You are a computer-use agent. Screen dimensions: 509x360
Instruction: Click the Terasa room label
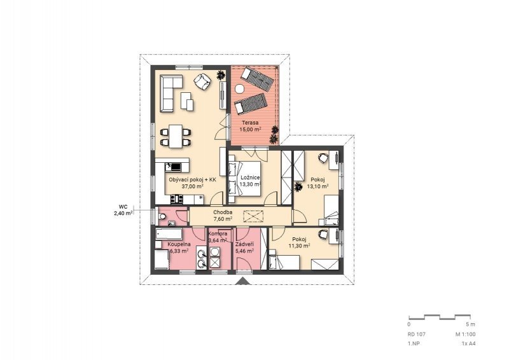pyautogui.click(x=250, y=123)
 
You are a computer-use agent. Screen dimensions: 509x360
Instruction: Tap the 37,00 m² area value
pyautogui.click(x=193, y=186)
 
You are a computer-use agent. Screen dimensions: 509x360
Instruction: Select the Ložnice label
pyautogui.click(x=250, y=177)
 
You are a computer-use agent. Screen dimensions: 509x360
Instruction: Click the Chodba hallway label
pyautogui.click(x=223, y=212)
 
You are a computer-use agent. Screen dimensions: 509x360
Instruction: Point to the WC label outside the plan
pyautogui.click(x=123, y=207)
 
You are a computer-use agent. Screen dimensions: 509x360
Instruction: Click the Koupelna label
pyautogui.click(x=179, y=244)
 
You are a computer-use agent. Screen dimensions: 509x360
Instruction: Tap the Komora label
pyautogui.click(x=218, y=233)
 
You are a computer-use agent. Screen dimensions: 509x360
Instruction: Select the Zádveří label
pyautogui.click(x=244, y=244)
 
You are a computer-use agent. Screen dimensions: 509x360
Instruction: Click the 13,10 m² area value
pyautogui.click(x=317, y=186)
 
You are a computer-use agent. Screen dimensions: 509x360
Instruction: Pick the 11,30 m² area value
pyautogui.click(x=299, y=246)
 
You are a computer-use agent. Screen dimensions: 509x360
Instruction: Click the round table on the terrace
pyautogui.click(x=241, y=88)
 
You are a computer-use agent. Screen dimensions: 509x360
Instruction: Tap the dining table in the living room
pyautogui.click(x=176, y=136)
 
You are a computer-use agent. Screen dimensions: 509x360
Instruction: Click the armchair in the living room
pyautogui.click(x=202, y=81)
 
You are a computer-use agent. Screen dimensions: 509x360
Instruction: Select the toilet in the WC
pyautogui.click(x=162, y=217)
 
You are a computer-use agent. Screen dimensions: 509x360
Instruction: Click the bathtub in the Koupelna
pyautogui.click(x=169, y=233)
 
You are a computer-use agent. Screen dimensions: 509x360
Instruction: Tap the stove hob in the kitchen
pyautogui.click(x=177, y=199)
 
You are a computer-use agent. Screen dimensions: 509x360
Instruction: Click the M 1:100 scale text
pyautogui.click(x=465, y=335)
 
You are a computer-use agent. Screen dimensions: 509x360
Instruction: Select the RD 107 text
pyautogui.click(x=417, y=335)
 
